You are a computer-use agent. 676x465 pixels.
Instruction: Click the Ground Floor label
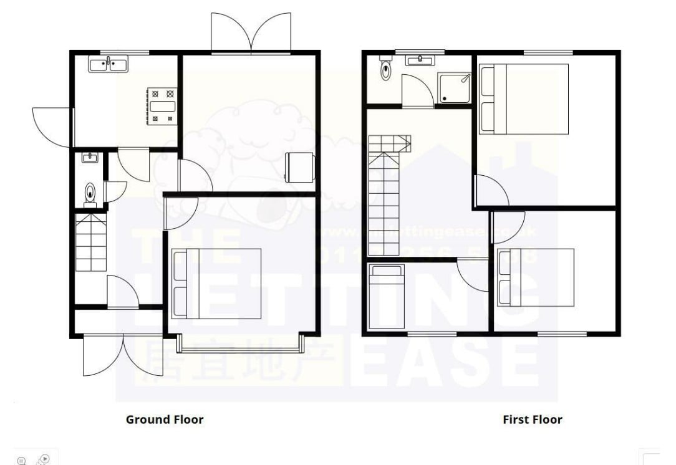pos(165,419)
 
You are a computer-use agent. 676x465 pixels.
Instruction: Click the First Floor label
pos(532,419)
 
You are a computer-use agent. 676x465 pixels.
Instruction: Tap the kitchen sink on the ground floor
pos(108,64)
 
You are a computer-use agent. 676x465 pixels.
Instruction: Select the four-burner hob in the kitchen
pos(162,105)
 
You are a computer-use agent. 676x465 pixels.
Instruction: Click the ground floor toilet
pos(90,194)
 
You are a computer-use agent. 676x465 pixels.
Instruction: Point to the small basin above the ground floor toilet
pos(90,158)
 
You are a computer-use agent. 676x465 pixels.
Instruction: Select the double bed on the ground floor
pos(216,284)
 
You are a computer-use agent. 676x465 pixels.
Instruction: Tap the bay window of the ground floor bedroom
pos(240,342)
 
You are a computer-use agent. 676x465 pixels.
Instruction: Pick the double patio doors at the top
pos(251,32)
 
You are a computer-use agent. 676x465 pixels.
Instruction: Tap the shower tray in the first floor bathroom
pos(455,88)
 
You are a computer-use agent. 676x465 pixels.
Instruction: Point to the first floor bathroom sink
pos(420,60)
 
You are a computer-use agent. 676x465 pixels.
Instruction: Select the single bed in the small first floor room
pos(387,295)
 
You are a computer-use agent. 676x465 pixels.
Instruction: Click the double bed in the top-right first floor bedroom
pos(524,98)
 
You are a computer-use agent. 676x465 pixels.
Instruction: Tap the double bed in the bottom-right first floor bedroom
pos(536,277)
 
